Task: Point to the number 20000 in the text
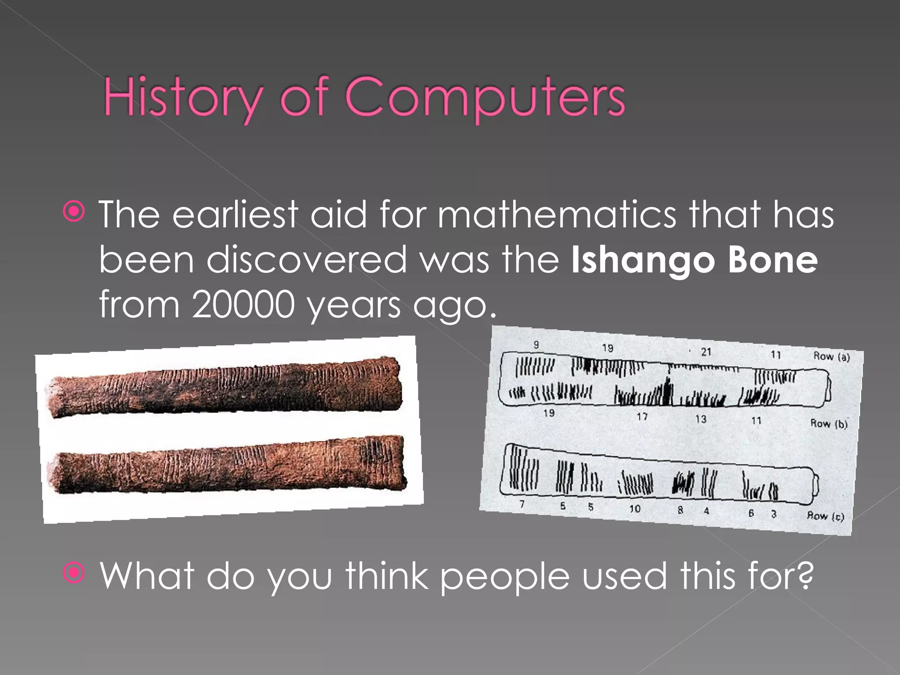click(243, 304)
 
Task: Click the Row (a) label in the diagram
click(831, 356)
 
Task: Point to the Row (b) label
click(829, 423)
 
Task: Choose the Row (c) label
click(825, 515)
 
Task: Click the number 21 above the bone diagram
click(706, 352)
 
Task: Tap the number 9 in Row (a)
click(536, 345)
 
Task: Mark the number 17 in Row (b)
click(642, 416)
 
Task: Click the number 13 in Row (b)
click(700, 419)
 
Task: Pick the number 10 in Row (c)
click(635, 508)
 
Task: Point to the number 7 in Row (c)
click(522, 504)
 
